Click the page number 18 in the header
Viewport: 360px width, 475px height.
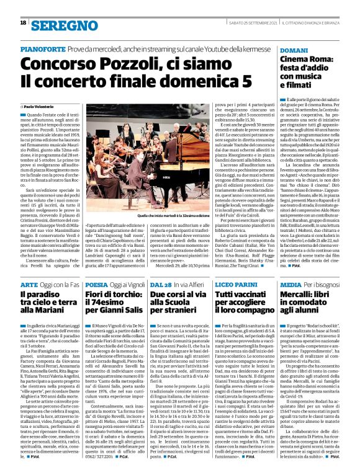pyautogui.click(x=23, y=23)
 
